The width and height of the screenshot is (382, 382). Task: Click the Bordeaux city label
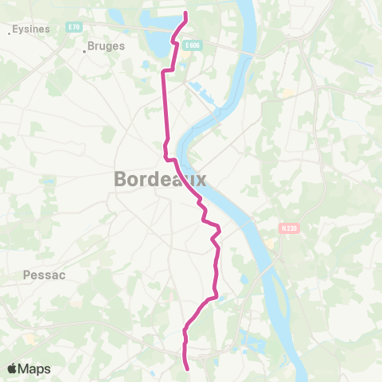click(x=160, y=179)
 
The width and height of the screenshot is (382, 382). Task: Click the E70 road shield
click(x=74, y=27)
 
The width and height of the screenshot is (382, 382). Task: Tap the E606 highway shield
click(x=191, y=46)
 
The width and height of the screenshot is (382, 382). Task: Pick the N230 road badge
click(x=288, y=228)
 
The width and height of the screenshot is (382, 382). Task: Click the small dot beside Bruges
click(x=84, y=52)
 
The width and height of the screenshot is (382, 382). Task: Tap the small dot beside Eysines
click(x=10, y=33)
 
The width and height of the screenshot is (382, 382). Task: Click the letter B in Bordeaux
click(x=121, y=179)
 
